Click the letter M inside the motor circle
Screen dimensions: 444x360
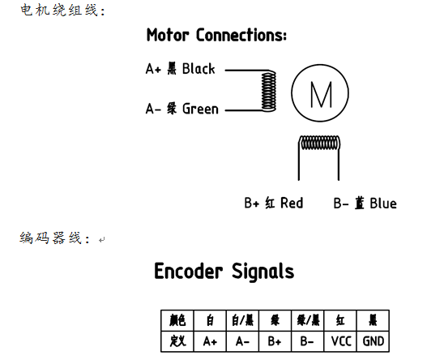point(321,94)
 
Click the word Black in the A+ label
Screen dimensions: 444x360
point(199,69)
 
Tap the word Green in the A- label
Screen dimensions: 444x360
point(200,109)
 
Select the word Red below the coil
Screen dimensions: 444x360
point(292,203)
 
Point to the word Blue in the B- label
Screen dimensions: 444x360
point(383,204)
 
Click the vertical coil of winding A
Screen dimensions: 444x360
point(268,91)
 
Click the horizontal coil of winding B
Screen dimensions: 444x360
point(320,143)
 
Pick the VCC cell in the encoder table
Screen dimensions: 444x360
point(341,341)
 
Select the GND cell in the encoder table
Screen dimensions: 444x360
point(374,341)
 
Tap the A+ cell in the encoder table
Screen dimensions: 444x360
point(210,341)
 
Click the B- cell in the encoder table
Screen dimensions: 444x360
point(308,341)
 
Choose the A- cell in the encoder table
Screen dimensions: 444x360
point(243,341)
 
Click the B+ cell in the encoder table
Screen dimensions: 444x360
point(275,341)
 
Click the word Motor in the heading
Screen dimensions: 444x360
point(168,35)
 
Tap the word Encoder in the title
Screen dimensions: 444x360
point(188,271)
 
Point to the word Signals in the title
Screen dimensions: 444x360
point(263,272)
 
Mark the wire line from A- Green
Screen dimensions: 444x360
point(244,110)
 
